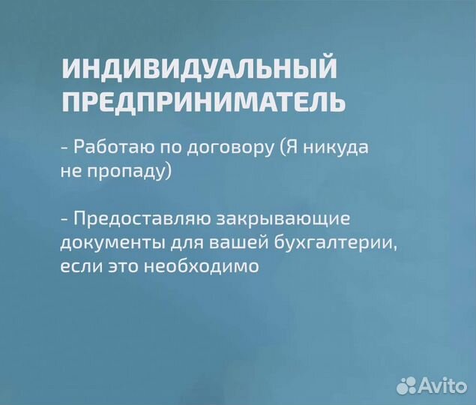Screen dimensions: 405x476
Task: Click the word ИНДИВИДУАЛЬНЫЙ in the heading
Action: point(199,69)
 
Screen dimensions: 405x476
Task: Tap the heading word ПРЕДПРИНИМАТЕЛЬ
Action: point(203,101)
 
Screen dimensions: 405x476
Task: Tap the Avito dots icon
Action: point(406,385)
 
